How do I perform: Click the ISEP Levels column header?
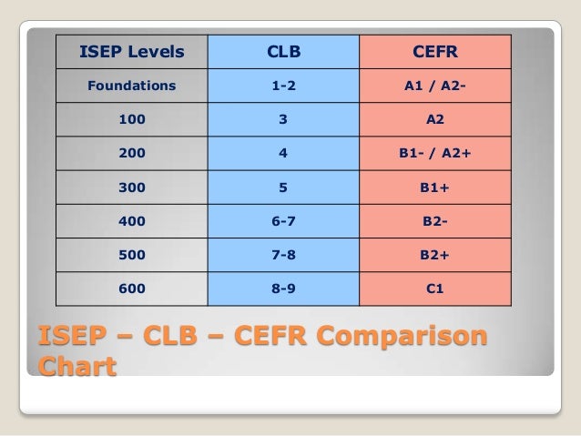[x=131, y=52]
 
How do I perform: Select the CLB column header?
[x=282, y=52]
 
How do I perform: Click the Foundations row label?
[x=131, y=87]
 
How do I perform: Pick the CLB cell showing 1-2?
[x=282, y=87]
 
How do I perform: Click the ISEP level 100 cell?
[x=131, y=119]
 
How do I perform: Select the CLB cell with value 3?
[x=282, y=119]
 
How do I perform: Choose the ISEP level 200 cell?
[x=131, y=154]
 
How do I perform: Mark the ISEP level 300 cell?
[x=131, y=188]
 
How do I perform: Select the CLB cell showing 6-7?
[x=282, y=222]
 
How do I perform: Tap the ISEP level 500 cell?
[x=131, y=256]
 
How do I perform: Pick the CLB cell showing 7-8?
[x=282, y=256]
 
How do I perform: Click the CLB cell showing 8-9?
[x=282, y=290]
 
